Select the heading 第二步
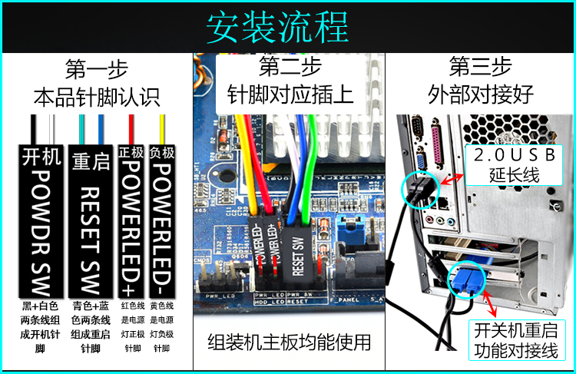pyautogui.click(x=289, y=66)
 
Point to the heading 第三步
pyautogui.click(x=480, y=66)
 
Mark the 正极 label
pyautogui.click(x=132, y=152)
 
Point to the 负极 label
pyautogui.click(x=163, y=152)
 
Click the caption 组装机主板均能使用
pyautogui.click(x=289, y=341)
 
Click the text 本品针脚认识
pyautogui.click(x=96, y=98)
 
